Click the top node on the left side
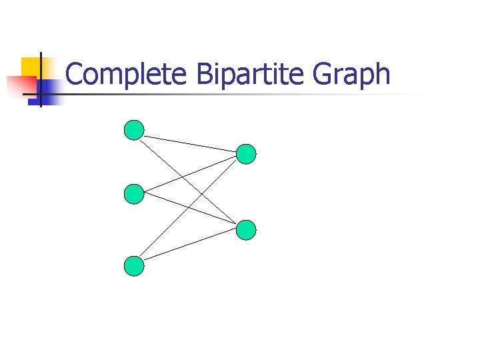click(134, 130)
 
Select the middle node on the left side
click(134, 194)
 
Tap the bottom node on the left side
click(134, 266)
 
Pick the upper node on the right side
click(246, 154)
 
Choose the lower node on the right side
click(246, 230)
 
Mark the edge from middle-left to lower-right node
click(167, 201)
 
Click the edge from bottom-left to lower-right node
click(190, 243)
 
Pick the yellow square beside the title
click(31, 67)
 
